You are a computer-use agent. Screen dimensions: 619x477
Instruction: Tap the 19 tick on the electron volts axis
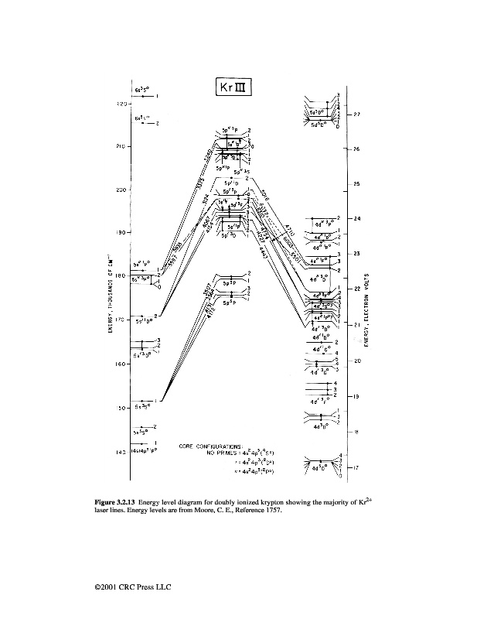click(356, 396)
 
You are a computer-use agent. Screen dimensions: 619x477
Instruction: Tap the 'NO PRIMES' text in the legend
click(222, 453)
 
